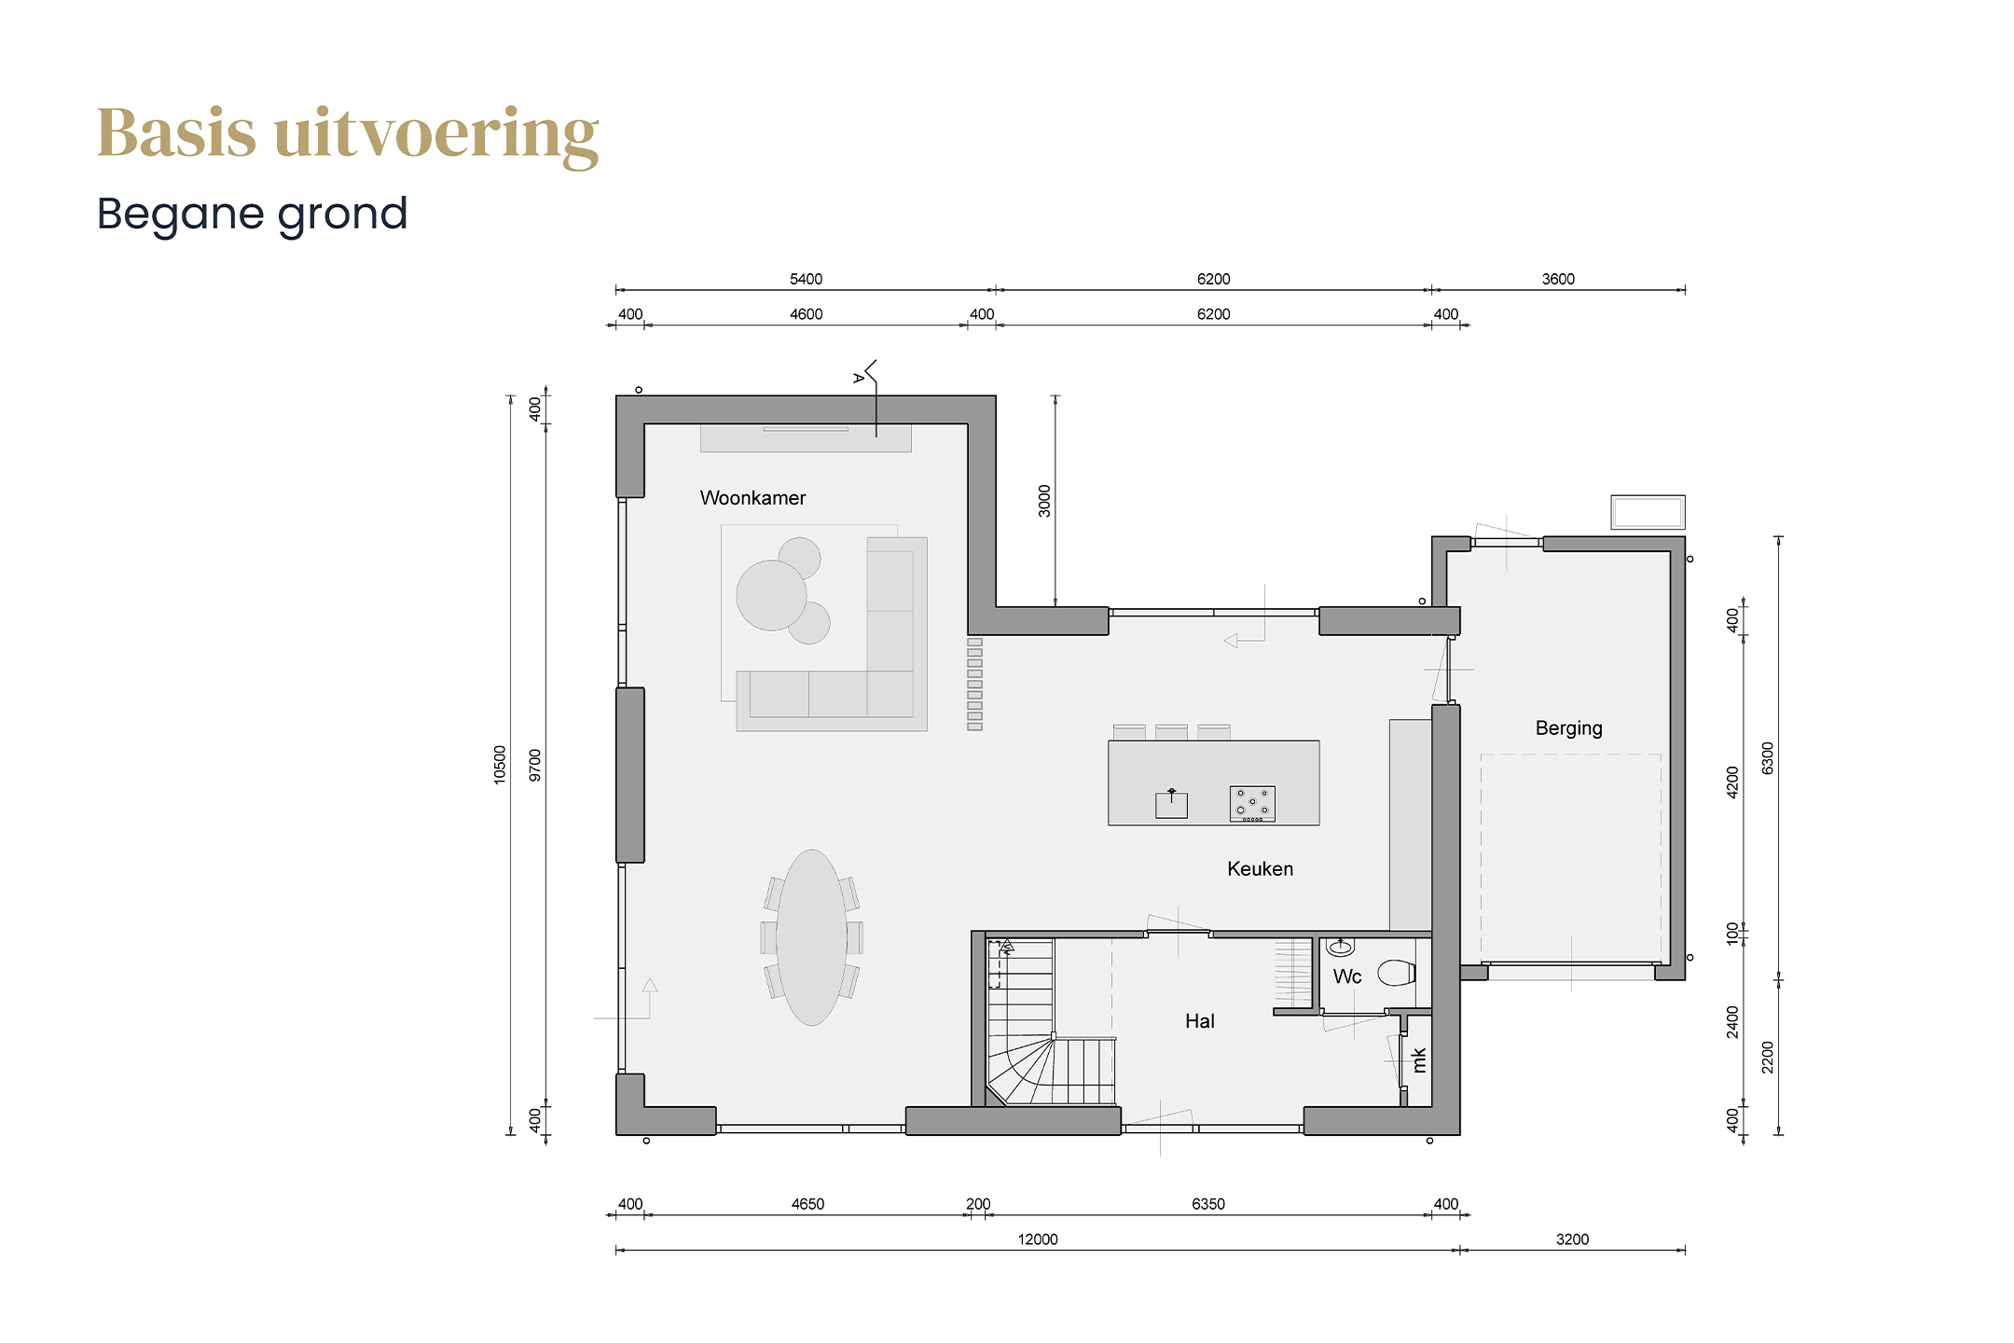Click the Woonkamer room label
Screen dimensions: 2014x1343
point(752,498)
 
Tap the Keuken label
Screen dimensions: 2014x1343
point(1260,869)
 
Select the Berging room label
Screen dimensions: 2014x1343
point(1568,728)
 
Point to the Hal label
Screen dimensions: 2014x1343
point(1199,1021)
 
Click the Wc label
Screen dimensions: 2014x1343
point(1346,976)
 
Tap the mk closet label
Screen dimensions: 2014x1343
point(1419,1060)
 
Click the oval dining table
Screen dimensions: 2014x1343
point(811,937)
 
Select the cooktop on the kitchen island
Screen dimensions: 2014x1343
point(1252,804)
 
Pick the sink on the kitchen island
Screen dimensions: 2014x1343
point(1171,804)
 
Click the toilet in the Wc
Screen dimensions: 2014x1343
point(1397,973)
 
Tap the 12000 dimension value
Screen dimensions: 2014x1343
point(1038,1239)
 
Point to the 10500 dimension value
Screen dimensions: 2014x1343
point(500,765)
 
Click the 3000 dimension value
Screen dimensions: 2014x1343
point(1044,501)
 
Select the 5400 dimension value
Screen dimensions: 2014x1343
point(806,279)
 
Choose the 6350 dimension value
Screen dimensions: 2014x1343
point(1207,1204)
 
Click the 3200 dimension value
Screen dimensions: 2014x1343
point(1572,1239)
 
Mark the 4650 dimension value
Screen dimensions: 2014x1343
point(807,1204)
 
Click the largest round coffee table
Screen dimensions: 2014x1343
point(771,595)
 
